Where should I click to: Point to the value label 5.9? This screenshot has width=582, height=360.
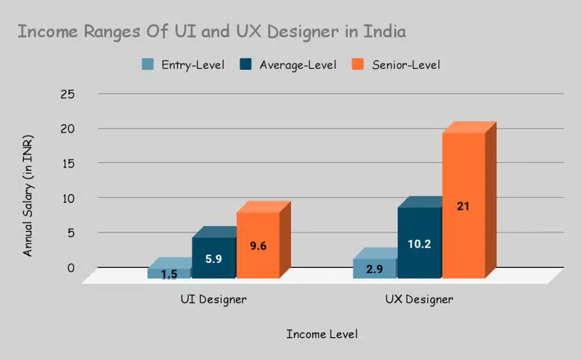point(213,259)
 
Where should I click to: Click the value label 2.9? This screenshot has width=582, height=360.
point(374,270)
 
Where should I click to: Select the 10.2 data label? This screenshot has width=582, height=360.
point(419,244)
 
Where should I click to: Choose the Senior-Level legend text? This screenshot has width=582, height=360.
point(406,65)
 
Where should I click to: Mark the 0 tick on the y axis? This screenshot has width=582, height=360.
point(71,267)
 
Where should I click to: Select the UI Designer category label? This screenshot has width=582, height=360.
point(209,299)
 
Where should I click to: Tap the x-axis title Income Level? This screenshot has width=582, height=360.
point(322,334)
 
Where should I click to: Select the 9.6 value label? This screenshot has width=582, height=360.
point(257,246)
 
